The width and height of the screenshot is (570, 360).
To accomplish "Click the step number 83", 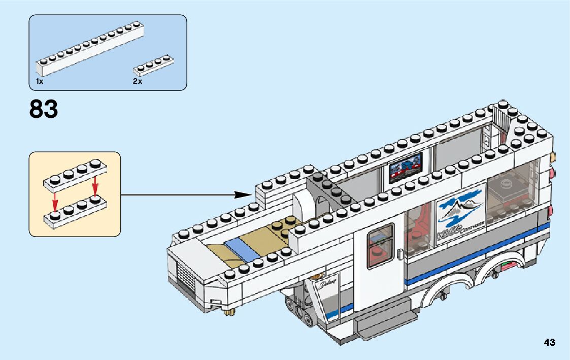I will [x=44, y=109].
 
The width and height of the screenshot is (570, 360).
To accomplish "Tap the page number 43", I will [x=549, y=342].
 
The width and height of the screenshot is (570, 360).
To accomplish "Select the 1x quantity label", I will [x=40, y=81].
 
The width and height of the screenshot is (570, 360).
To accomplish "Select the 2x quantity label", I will [x=138, y=81].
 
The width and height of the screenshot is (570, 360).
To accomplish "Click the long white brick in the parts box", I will [x=89, y=48].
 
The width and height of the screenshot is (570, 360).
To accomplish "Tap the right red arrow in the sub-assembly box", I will [x=95, y=185].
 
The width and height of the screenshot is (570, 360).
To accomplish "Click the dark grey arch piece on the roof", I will [x=325, y=193].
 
